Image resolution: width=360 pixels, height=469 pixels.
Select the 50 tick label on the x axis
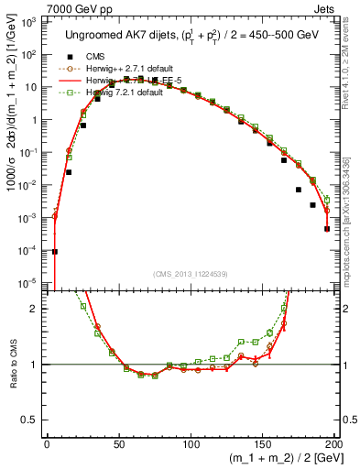tap(118, 444)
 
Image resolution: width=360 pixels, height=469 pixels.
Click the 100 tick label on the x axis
tap(189, 444)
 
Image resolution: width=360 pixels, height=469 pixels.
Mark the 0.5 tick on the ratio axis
tap(34, 420)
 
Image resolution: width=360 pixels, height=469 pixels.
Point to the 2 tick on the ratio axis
tap(38, 309)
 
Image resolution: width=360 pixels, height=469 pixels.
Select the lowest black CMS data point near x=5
tap(54, 251)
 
